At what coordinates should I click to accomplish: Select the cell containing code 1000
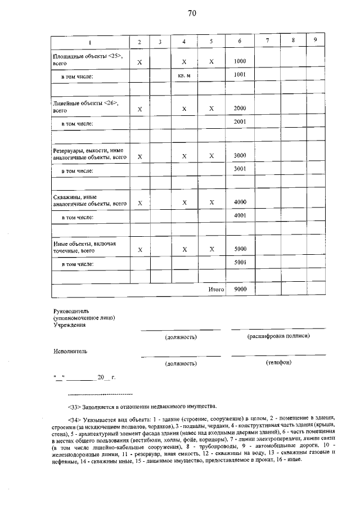point(240,61)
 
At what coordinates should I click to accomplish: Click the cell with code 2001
point(240,121)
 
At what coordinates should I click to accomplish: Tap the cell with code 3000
point(240,155)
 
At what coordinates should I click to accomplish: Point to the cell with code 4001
point(240,215)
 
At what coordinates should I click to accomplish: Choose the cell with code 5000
point(240,249)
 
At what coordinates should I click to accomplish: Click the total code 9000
point(240,290)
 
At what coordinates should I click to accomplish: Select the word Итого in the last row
point(216,290)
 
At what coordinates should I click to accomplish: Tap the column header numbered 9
point(315,40)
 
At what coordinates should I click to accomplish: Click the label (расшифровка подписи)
point(278,336)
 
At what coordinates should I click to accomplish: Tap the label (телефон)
point(278,363)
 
